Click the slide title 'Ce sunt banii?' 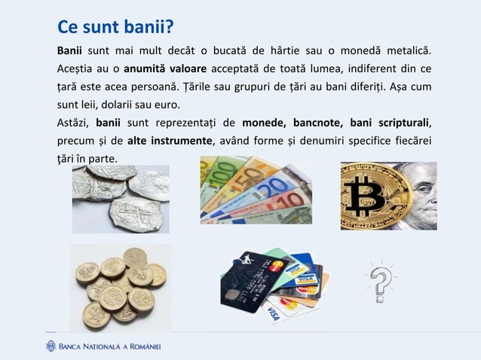[x=115, y=28]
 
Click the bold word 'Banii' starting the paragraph [x=72, y=51]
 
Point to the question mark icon [x=381, y=282]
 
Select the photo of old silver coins [x=120, y=198]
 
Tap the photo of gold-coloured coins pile [x=120, y=287]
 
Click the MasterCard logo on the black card [x=274, y=267]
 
